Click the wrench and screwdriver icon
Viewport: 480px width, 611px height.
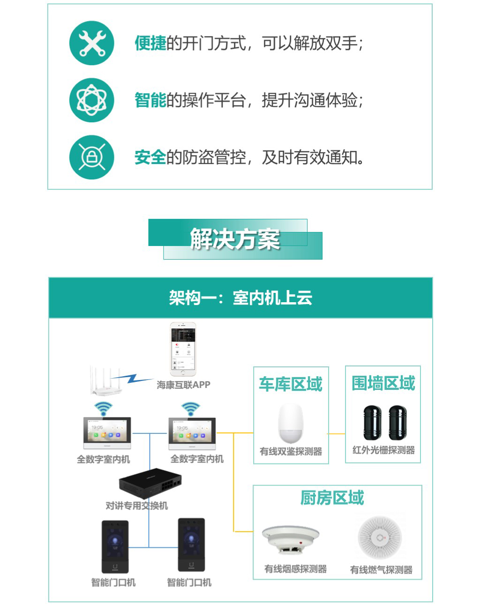[92, 43]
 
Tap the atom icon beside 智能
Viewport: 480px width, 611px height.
[92, 100]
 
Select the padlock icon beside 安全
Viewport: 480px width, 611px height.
[92, 157]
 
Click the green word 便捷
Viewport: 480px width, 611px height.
[150, 43]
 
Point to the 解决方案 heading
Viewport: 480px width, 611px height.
[235, 238]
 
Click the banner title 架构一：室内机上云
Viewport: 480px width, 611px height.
[240, 298]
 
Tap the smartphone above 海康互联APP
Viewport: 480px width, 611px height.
[183, 349]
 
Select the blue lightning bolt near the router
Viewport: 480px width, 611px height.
[133, 379]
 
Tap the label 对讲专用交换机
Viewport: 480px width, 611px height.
[137, 506]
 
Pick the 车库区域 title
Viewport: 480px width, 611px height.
[291, 384]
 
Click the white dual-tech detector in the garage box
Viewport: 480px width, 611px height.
[291, 423]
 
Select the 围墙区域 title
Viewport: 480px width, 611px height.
[383, 383]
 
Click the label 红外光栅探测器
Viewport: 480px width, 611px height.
[383, 450]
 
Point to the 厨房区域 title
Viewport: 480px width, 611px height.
[332, 498]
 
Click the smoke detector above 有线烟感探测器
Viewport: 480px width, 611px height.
[291, 539]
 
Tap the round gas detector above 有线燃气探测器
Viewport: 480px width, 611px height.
[380, 537]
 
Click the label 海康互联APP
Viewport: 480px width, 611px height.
[183, 385]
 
